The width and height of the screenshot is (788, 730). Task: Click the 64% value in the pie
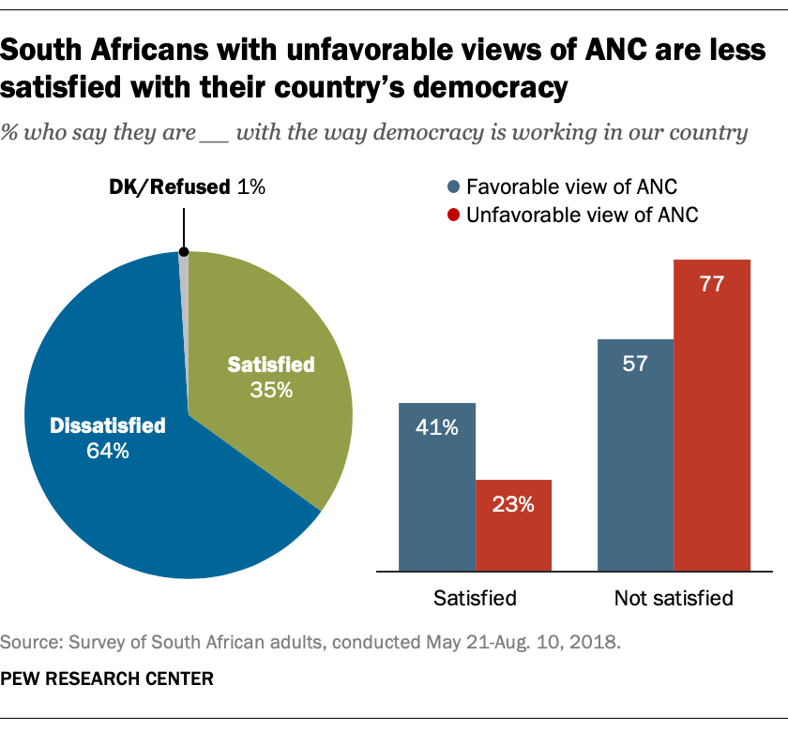click(x=107, y=451)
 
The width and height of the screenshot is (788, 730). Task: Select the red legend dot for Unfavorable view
click(x=453, y=216)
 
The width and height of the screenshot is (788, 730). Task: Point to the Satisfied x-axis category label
click(x=475, y=597)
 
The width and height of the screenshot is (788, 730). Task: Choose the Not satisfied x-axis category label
click(x=673, y=597)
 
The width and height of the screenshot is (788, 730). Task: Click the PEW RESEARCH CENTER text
click(x=107, y=678)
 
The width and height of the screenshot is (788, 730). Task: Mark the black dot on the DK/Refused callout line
click(x=184, y=251)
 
